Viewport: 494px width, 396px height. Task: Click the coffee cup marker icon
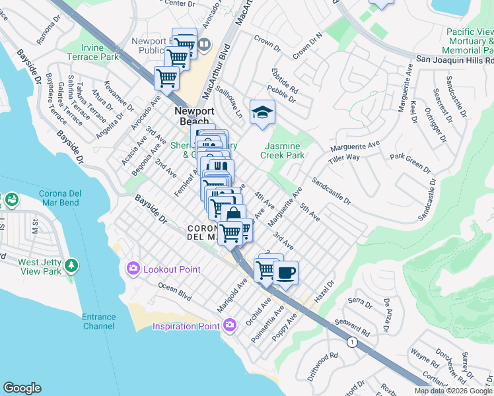pyautogui.click(x=285, y=272)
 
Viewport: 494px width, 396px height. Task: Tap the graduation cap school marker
pyautogui.click(x=262, y=112)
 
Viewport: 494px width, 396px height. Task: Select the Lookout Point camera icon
pyautogui.click(x=133, y=267)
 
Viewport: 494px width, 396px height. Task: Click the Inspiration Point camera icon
pyautogui.click(x=229, y=325)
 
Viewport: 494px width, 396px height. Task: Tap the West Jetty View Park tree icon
pyautogui.click(x=71, y=266)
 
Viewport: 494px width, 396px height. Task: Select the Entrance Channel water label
pyautogui.click(x=98, y=321)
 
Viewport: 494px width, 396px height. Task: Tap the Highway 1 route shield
pyautogui.click(x=352, y=341)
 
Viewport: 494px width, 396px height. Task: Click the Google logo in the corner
pyautogui.click(x=22, y=388)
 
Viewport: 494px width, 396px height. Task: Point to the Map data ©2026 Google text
pyautogui.click(x=453, y=391)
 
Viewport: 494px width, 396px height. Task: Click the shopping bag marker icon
pyautogui.click(x=233, y=214)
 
